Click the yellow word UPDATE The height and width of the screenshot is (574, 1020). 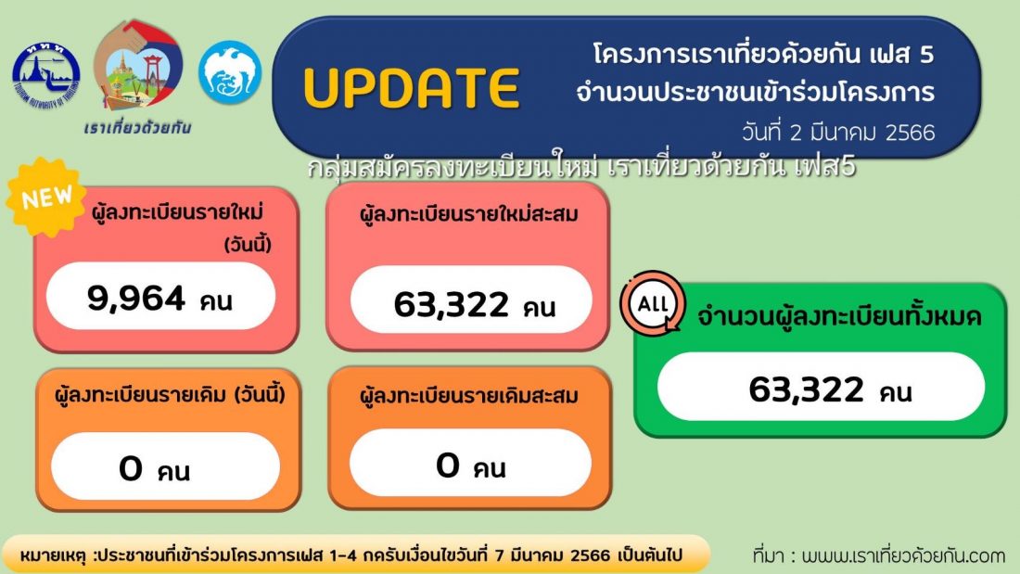tap(412, 87)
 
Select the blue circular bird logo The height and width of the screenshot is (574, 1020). tap(230, 73)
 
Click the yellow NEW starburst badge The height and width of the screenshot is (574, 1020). tap(45, 197)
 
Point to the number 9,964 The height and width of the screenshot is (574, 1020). tap(136, 299)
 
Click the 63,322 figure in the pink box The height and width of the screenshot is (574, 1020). tap(451, 304)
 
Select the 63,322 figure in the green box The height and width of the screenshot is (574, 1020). tap(806, 389)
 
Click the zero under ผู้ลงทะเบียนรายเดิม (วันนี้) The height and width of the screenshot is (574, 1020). tap(130, 468)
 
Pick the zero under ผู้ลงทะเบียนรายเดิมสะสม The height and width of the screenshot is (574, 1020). tap(448, 466)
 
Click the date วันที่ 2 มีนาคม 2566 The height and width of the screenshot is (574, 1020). tap(838, 133)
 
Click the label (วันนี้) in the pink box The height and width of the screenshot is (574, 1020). tap(248, 246)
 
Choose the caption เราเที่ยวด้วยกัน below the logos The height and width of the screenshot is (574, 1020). tap(137, 127)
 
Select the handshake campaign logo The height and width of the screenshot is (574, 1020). tap(138, 64)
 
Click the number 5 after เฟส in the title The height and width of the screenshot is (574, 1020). tap(926, 55)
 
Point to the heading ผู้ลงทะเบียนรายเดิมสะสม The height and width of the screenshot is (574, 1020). tap(468, 395)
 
